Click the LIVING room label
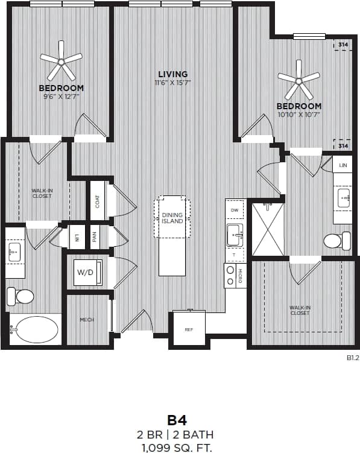click(x=174, y=74)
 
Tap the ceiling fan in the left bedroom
click(x=61, y=61)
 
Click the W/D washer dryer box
click(x=85, y=273)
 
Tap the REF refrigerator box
click(x=188, y=329)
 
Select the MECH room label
click(x=87, y=320)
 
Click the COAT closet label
click(x=97, y=201)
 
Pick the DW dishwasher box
click(x=235, y=209)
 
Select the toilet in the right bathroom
click(x=336, y=241)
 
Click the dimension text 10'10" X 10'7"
click(x=299, y=114)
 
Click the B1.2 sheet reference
click(x=352, y=358)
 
